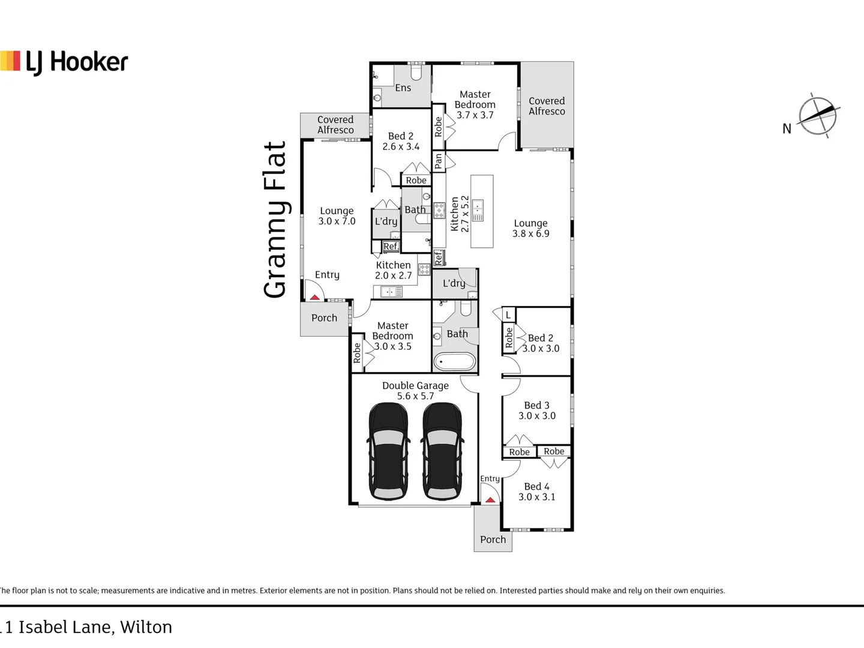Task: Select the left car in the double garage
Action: (x=389, y=451)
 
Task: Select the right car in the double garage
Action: (x=443, y=451)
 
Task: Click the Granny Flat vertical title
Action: (x=275, y=220)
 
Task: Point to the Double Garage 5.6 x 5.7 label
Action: (x=415, y=391)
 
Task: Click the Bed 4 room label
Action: (x=536, y=491)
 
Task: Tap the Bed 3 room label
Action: (x=536, y=410)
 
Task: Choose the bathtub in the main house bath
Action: (x=454, y=362)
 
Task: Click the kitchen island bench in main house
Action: (x=482, y=211)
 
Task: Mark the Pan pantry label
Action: (x=439, y=161)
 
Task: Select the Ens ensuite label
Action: (x=403, y=88)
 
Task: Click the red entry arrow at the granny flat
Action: (x=314, y=296)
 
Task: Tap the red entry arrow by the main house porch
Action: (x=490, y=499)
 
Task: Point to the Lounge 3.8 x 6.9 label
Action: (x=530, y=228)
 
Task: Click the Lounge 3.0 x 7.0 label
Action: (x=337, y=216)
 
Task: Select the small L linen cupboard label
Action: (x=508, y=314)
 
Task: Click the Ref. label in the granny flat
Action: (x=391, y=246)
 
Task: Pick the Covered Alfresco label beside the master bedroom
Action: (x=547, y=106)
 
